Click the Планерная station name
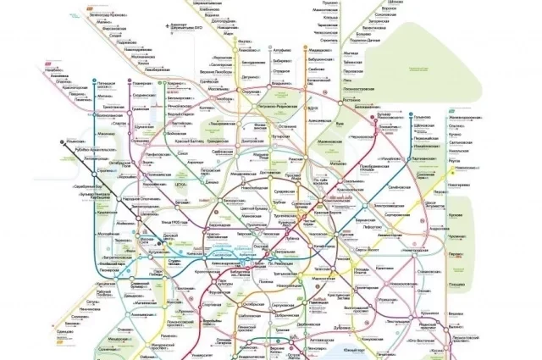[x=141, y=86]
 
